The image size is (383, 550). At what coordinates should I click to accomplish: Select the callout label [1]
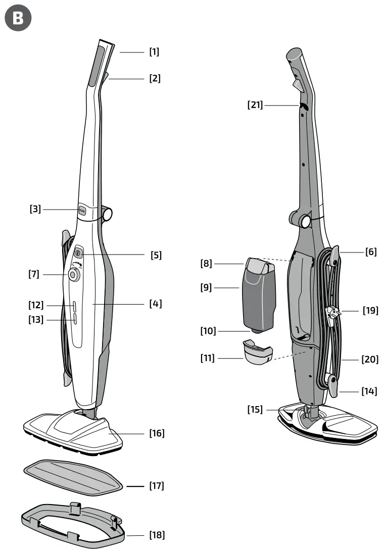click(x=154, y=52)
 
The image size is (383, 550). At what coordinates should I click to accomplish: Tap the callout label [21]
click(x=255, y=105)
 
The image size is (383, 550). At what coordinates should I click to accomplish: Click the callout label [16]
click(x=157, y=433)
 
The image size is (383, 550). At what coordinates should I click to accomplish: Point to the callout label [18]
click(x=157, y=535)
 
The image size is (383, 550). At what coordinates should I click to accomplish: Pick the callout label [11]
click(x=208, y=358)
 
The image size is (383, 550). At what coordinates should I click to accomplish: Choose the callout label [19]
click(x=370, y=310)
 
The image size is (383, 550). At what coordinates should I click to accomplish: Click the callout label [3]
click(x=35, y=208)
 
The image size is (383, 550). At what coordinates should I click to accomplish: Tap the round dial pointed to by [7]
click(x=74, y=275)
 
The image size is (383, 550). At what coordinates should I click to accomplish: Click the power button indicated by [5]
click(x=79, y=253)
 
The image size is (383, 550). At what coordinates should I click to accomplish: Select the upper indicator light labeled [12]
click(x=74, y=306)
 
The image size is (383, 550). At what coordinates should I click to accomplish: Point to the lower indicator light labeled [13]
click(x=74, y=319)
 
